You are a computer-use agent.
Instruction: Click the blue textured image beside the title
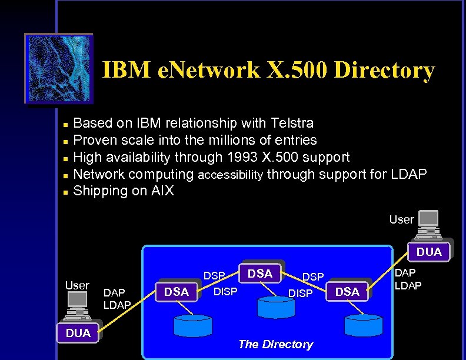pos(58,69)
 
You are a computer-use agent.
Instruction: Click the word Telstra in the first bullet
pos(292,123)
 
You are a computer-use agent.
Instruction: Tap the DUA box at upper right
pos(429,252)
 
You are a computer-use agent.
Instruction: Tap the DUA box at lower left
pos(78,333)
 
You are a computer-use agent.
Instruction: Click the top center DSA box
pos(260,274)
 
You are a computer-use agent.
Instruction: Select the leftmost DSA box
pos(177,291)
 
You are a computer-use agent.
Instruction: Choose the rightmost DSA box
pos(348,291)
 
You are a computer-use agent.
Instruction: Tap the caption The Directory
pos(275,344)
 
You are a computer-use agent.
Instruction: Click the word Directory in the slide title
pos(384,71)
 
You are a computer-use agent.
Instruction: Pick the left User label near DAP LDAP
pos(77,285)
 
